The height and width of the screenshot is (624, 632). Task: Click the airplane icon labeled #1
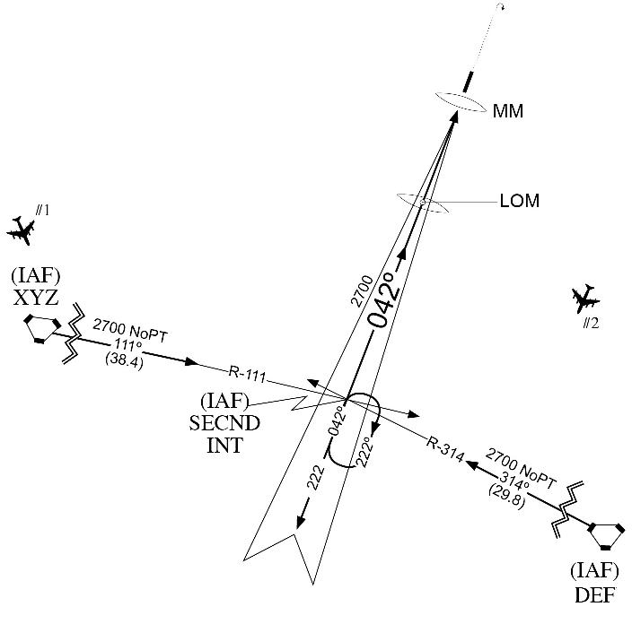pos(21,230)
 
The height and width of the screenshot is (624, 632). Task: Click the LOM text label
pos(519,202)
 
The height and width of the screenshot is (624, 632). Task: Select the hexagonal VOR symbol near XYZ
pos(41,328)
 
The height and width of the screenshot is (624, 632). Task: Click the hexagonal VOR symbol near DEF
pos(605,535)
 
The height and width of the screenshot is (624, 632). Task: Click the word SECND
pos(225,423)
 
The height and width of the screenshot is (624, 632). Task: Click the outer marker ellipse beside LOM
pos(422,204)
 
